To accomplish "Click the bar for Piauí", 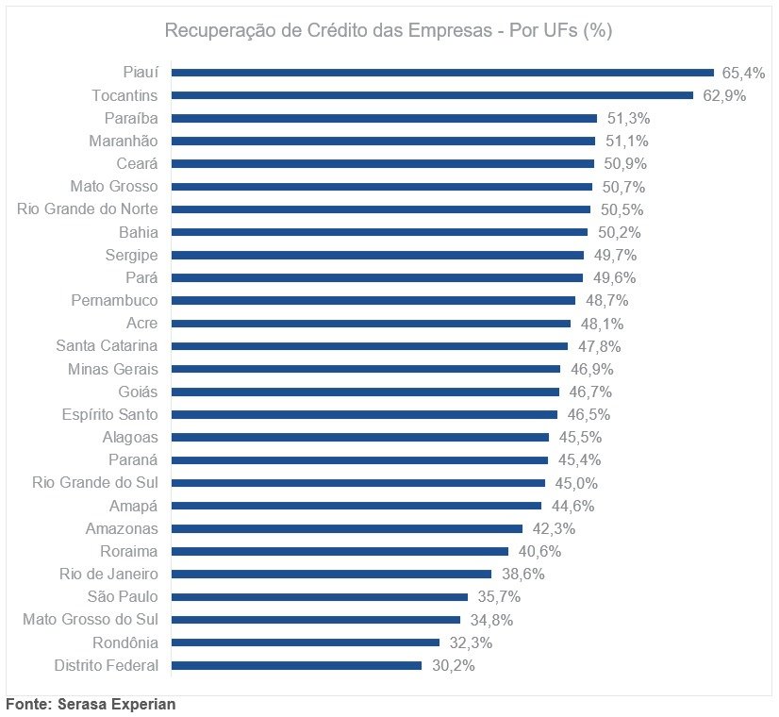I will (x=442, y=73).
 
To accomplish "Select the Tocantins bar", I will (x=432, y=95).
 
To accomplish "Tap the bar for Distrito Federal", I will (x=296, y=665).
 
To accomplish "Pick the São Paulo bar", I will (x=320, y=596).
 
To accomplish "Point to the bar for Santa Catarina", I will (x=370, y=346).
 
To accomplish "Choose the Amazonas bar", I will (x=347, y=528).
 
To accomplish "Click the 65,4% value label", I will (x=742, y=73).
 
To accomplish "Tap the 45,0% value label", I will (x=574, y=483).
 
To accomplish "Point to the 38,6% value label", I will (x=521, y=574).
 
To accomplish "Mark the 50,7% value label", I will (x=622, y=187).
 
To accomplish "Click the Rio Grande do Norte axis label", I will (x=88, y=209).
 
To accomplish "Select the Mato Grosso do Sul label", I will (x=91, y=620).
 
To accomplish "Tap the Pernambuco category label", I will (x=114, y=301).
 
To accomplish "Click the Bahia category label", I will (x=139, y=232).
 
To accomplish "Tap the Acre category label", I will (x=142, y=324).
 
